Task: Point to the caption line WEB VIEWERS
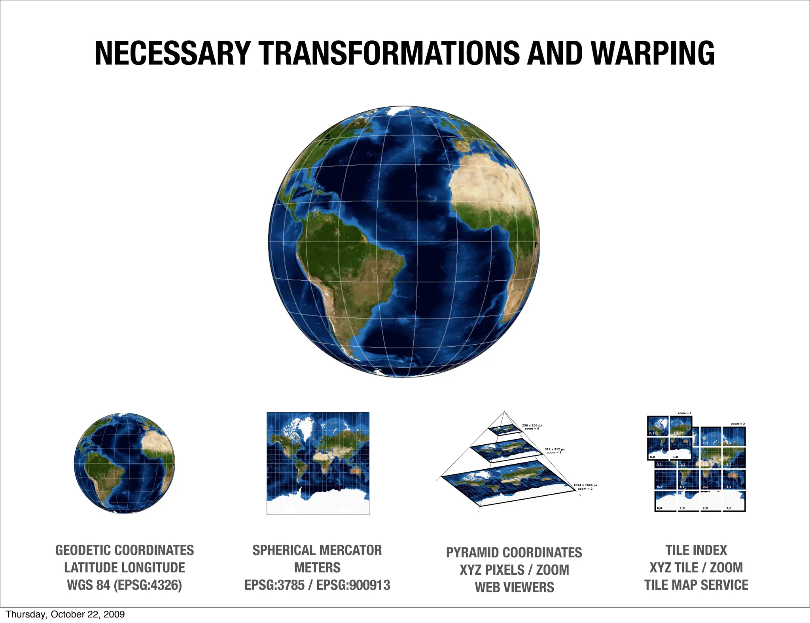coord(514,587)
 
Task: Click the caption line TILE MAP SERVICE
coord(696,585)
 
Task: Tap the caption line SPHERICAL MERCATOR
coord(317,550)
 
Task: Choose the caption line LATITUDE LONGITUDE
coord(125,568)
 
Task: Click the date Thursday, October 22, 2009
coord(65,614)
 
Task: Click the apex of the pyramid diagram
coord(504,412)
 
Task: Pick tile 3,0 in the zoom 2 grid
coord(734,501)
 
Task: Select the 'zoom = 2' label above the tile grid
coord(738,424)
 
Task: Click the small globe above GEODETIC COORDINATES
coord(125,463)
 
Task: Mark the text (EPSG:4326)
coord(148,585)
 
